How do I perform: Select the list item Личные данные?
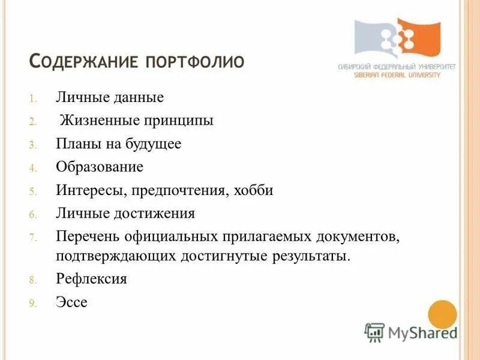click(x=110, y=97)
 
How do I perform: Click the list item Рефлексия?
click(x=91, y=279)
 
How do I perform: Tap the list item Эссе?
click(x=71, y=302)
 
